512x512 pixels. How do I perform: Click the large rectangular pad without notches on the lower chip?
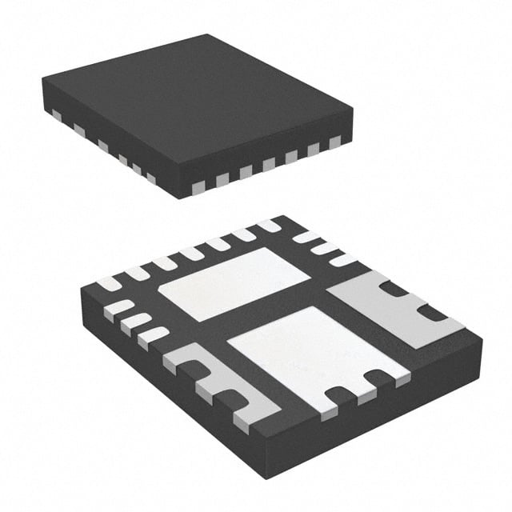coord(234,283)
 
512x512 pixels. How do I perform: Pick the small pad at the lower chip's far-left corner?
coord(109,283)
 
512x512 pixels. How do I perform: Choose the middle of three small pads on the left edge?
coord(136,322)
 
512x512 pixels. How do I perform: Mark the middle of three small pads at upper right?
coord(323,248)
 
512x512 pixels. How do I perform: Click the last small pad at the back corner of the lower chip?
coord(270,226)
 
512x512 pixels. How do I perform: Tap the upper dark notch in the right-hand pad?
coord(392,289)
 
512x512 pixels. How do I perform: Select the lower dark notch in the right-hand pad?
coord(433,313)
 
